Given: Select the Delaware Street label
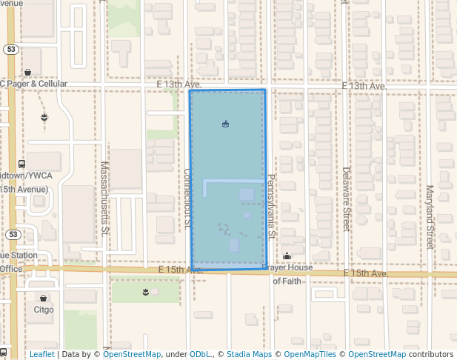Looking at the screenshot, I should (346, 199).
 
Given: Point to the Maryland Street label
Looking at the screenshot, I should (429, 207).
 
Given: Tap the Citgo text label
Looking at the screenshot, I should (44, 310).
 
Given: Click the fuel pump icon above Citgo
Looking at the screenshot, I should (43, 298).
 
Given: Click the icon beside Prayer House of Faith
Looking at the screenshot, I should (287, 256).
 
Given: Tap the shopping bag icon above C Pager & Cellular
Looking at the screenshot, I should (28, 72).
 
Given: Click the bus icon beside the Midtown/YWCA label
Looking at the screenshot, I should (21, 164).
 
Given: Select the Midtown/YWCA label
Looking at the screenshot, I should (22, 176).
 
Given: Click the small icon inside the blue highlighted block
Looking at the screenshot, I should (225, 124).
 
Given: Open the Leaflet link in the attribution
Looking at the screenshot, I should (41, 354).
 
